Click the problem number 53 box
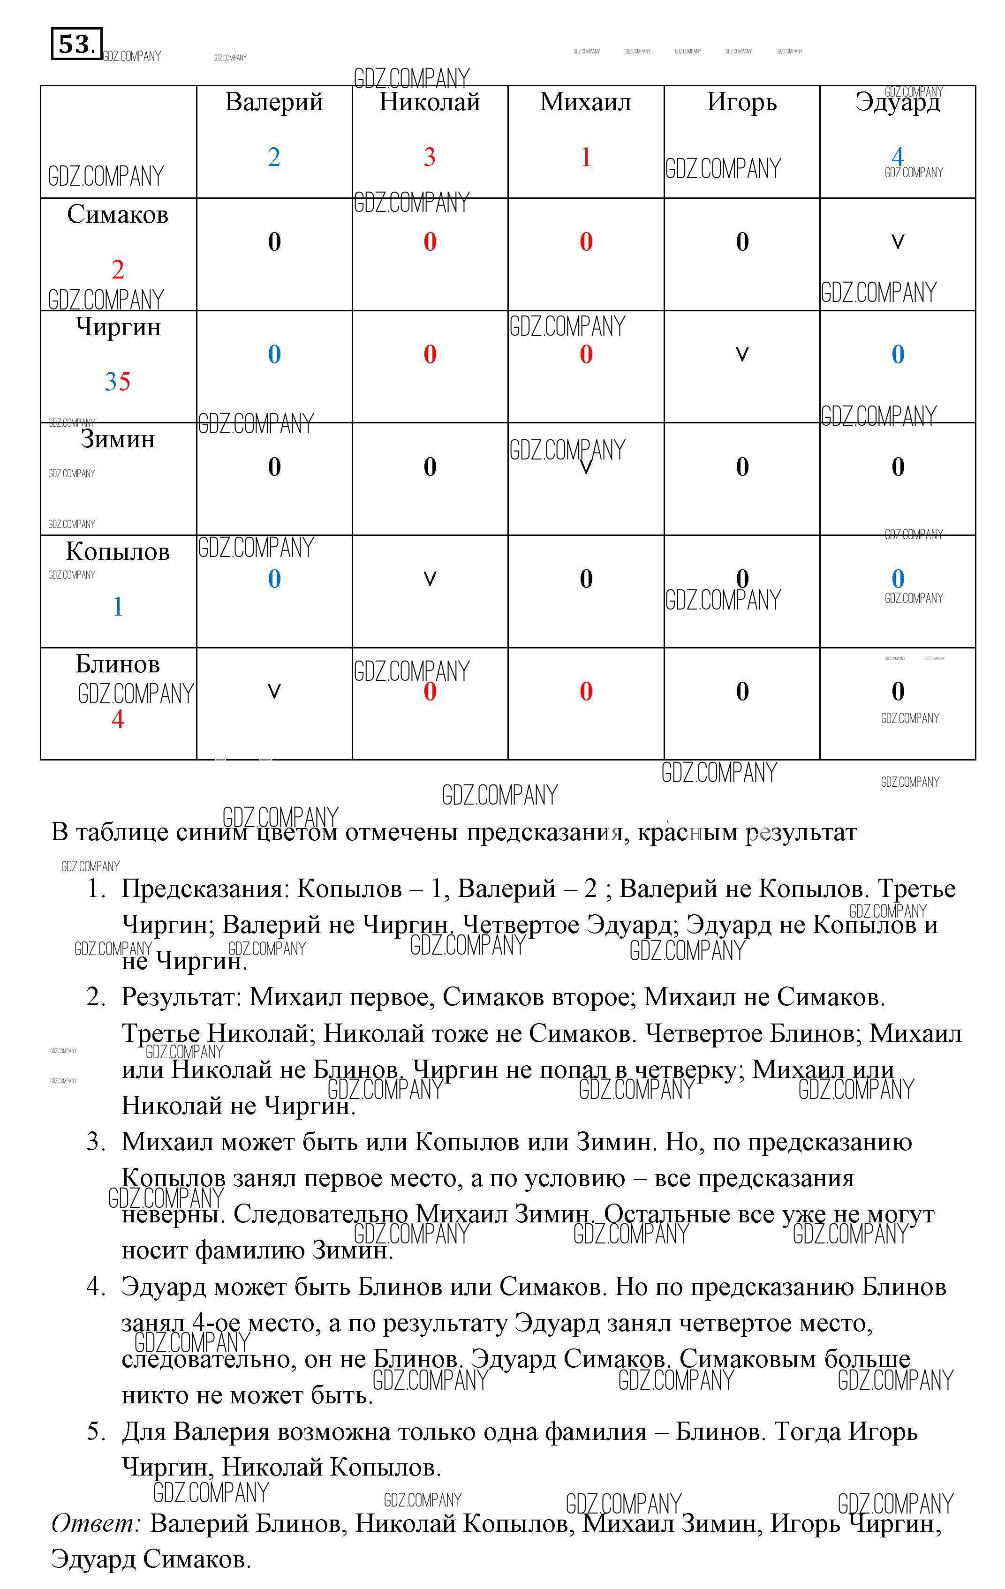[76, 44]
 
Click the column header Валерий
[274, 102]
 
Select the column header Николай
[430, 102]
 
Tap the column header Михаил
[585, 102]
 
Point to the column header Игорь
[742, 102]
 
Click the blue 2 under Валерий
[274, 157]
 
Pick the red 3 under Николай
[430, 157]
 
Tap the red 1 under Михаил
[585, 157]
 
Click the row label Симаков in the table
[117, 214]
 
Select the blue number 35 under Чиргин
[117, 381]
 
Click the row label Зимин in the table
[117, 439]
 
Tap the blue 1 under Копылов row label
[117, 606]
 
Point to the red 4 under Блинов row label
[117, 719]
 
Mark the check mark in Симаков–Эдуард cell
[898, 241]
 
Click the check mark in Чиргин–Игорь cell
[742, 354]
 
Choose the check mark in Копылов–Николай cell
[430, 579]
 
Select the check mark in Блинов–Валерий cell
[274, 691]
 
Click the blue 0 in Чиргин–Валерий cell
[274, 354]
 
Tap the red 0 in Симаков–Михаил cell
[585, 241]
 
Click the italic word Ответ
[96, 1522]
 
